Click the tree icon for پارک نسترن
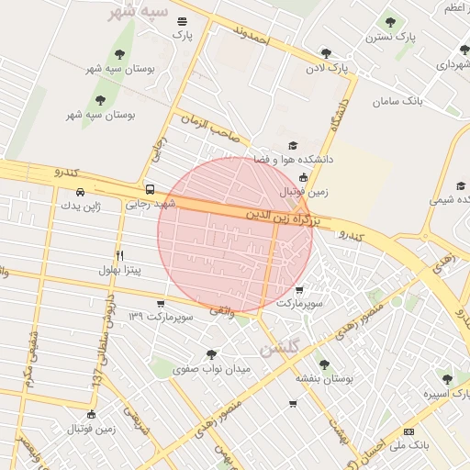point(390,22)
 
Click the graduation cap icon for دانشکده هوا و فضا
point(293,145)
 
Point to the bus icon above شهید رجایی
point(150,190)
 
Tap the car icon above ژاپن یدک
point(81,192)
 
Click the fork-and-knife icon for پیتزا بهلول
point(119,255)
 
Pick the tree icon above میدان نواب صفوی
point(211,354)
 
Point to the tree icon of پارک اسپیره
point(447,379)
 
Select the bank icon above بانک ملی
point(408,431)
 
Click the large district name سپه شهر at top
point(138,13)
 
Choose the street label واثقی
point(221,312)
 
